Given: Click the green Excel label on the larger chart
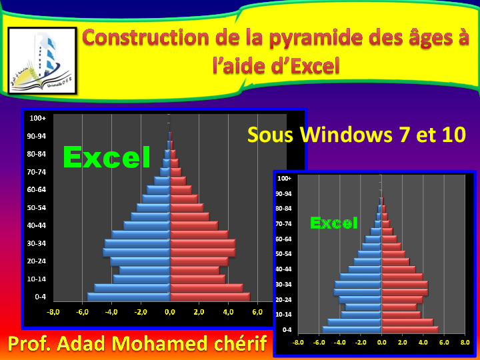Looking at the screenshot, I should pos(106,157).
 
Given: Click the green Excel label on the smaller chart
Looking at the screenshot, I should pos(334,223).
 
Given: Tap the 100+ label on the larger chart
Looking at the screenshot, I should pos(37,118).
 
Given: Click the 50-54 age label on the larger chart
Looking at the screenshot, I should pos(37,207).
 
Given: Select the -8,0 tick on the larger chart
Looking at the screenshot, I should pos(53,312).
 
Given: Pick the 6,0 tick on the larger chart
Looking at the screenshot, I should pos(257,312).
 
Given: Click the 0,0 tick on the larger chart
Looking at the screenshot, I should pos(170,312).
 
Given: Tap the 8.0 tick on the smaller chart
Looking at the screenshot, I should pos(465,343).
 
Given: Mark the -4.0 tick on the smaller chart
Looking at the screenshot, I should pos(340,343).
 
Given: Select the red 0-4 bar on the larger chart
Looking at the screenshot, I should pos(210,297).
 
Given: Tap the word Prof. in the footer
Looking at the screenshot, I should pos(31,344).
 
